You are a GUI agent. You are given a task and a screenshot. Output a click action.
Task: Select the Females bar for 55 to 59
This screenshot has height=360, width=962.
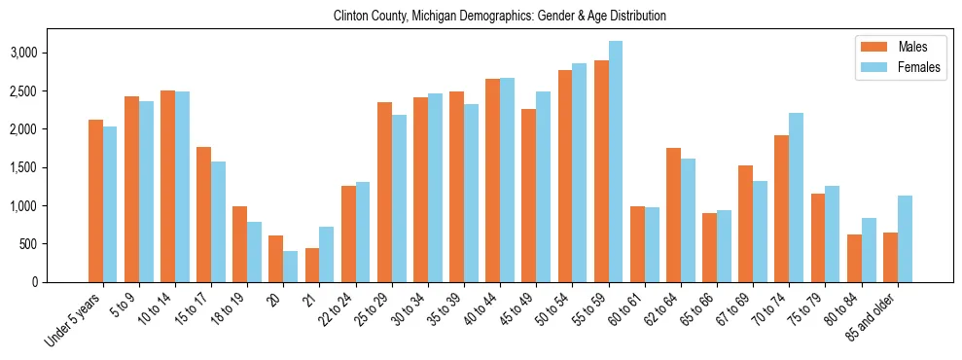click(x=616, y=162)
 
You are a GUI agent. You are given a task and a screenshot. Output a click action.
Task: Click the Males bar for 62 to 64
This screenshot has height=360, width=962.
click(x=673, y=215)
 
